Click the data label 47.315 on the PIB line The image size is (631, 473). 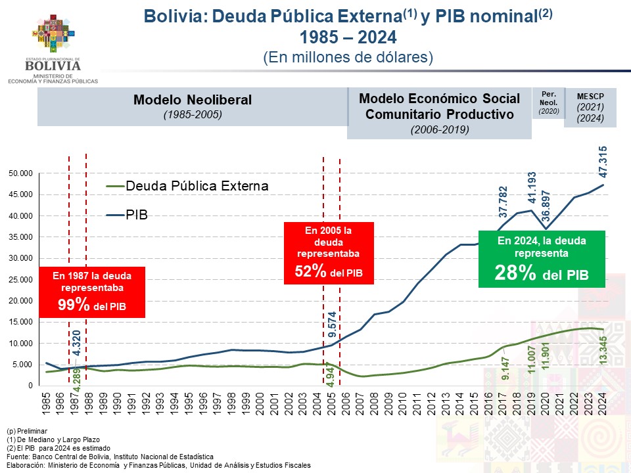[x=603, y=162]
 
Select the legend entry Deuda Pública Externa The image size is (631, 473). [x=187, y=186]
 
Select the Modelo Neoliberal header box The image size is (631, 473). [x=192, y=106]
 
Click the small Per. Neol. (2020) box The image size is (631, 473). [x=548, y=102]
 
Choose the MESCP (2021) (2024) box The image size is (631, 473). [x=590, y=106]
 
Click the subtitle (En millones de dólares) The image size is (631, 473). [x=348, y=57]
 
